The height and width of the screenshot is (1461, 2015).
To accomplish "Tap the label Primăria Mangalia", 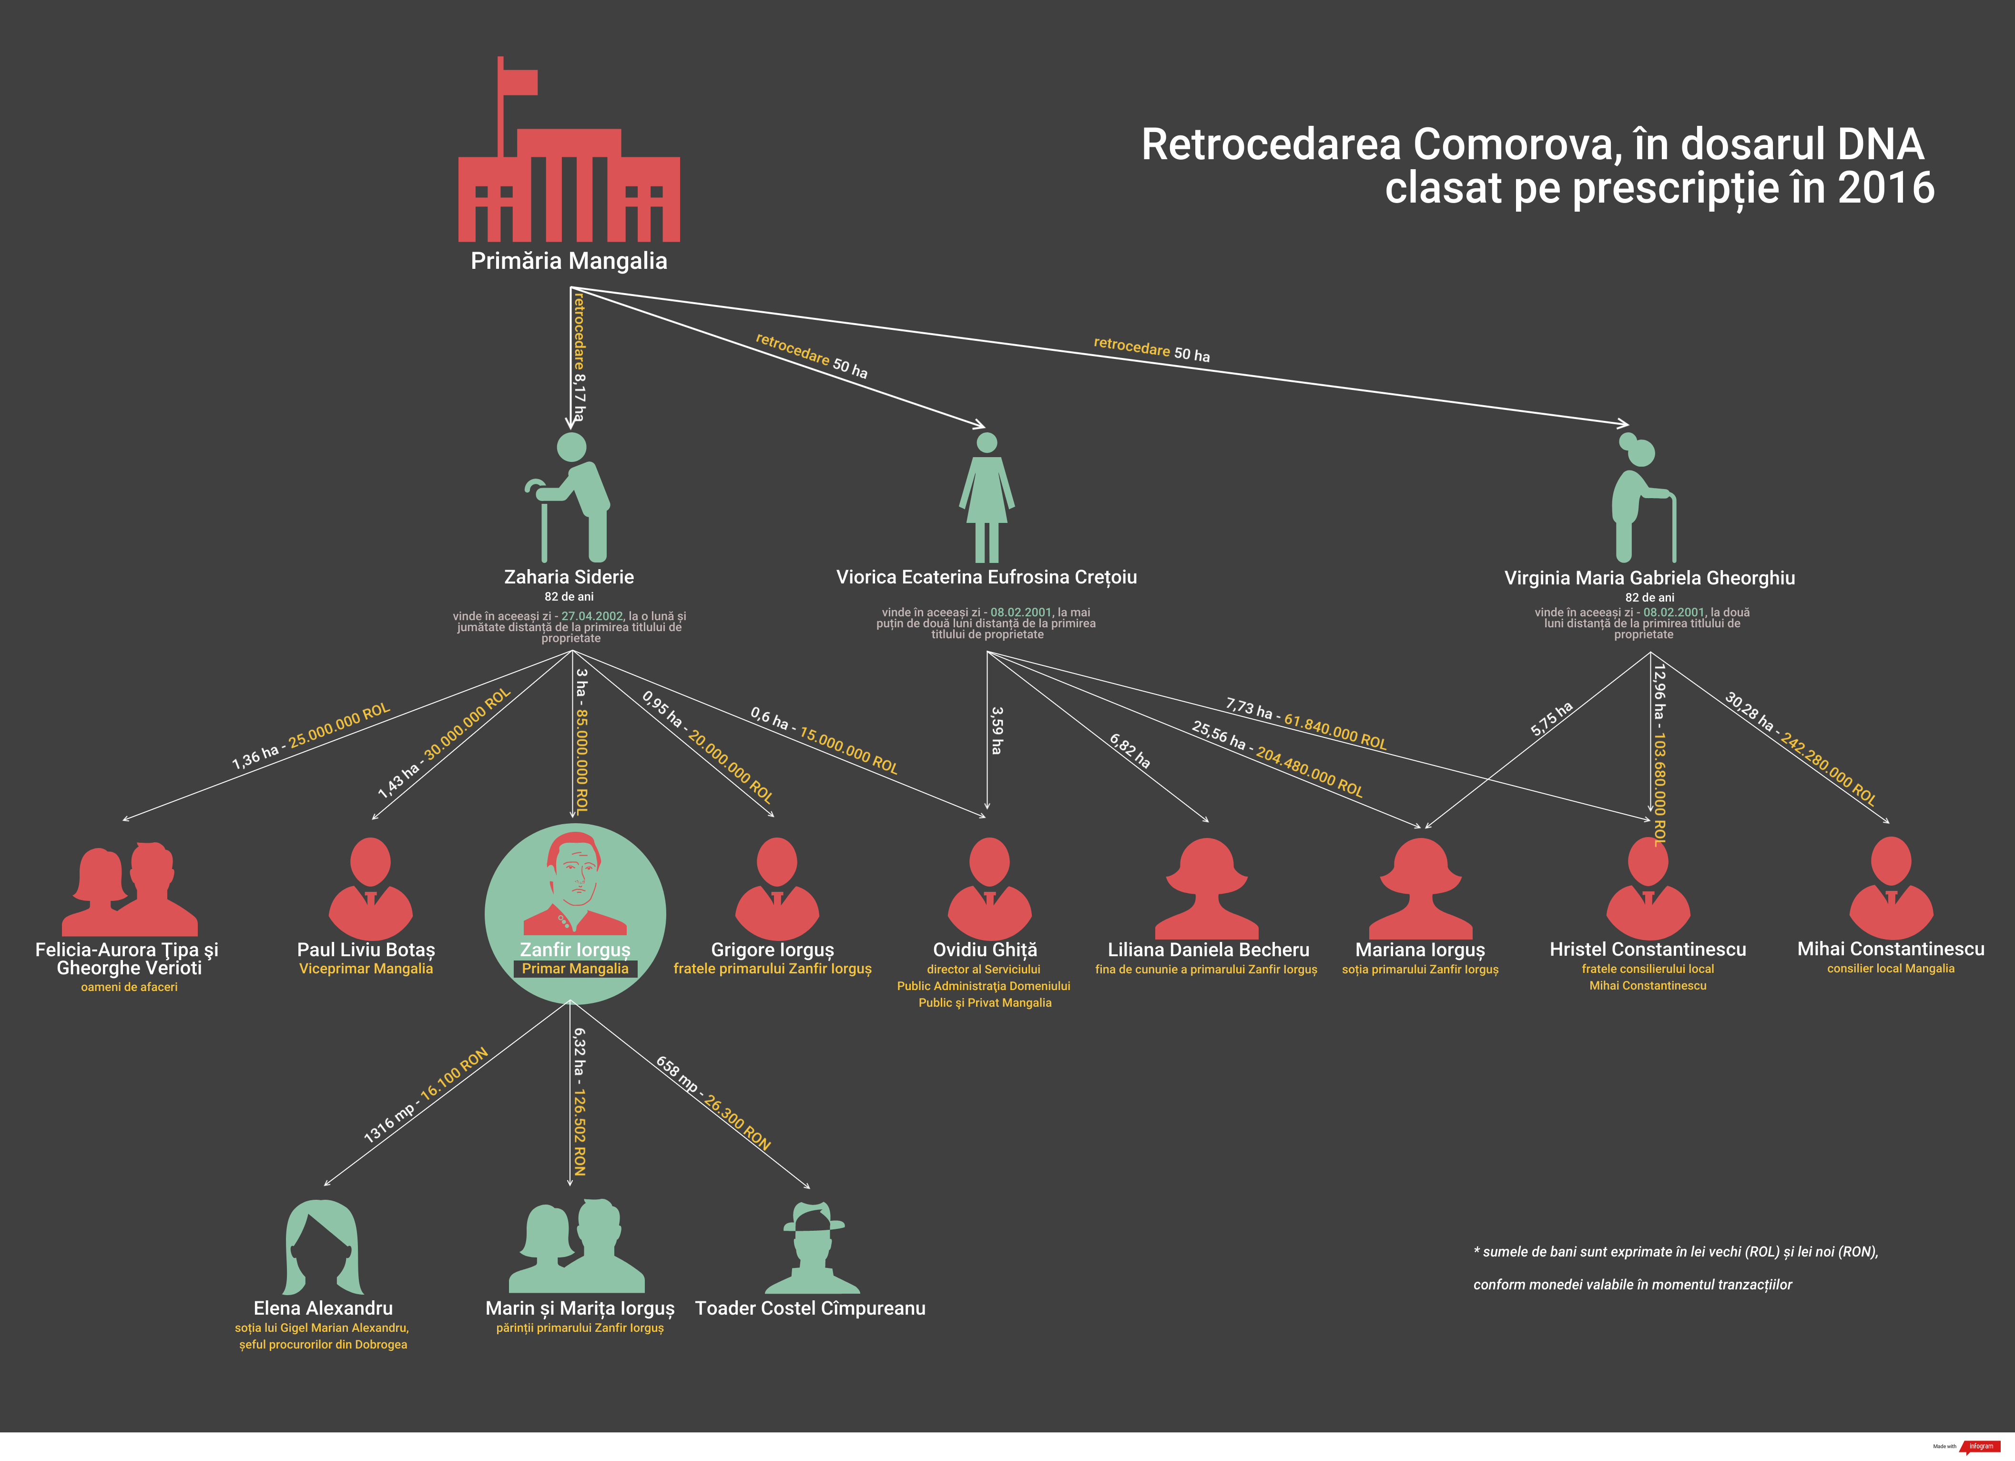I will click(x=569, y=261).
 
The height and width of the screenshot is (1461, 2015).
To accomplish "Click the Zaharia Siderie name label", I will click(x=569, y=577).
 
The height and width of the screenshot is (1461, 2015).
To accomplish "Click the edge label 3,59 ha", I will click(x=997, y=730).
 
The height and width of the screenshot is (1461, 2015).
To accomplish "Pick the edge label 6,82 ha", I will click(x=1129, y=751).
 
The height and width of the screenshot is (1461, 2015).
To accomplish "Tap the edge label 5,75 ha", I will click(x=1551, y=718).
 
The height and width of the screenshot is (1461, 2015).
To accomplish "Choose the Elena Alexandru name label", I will click(x=323, y=1308).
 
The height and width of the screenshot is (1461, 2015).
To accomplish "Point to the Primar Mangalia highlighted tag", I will click(x=575, y=969).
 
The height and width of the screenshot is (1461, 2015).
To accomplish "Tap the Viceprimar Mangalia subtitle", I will click(x=366, y=969).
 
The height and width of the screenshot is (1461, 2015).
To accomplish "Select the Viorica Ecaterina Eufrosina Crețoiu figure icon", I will click(x=986, y=498).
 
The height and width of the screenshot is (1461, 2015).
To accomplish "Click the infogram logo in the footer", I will click(x=1980, y=1446).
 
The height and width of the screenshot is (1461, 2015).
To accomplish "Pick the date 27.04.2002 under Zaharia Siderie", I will click(x=592, y=616).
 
